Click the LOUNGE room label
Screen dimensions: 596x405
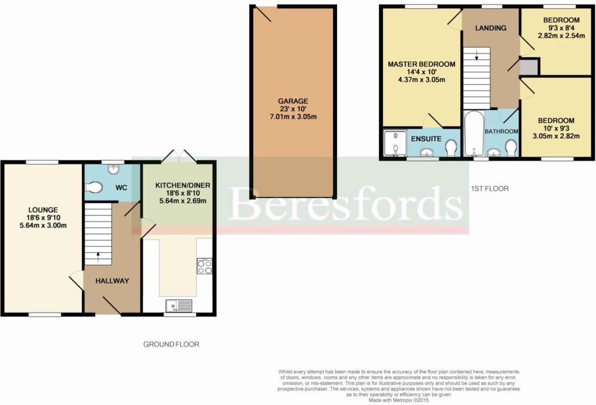(43, 210)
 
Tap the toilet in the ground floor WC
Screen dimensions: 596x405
(94, 187)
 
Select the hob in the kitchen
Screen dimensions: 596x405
(204, 266)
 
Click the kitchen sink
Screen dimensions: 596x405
(179, 306)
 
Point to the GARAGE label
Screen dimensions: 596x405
(293, 101)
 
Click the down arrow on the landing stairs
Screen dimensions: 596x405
(477, 55)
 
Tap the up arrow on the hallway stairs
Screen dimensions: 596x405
(98, 257)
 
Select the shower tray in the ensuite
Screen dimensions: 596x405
(395, 143)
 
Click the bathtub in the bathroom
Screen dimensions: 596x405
(474, 134)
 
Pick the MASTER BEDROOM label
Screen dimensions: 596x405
(421, 64)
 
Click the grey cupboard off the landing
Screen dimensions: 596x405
(528, 67)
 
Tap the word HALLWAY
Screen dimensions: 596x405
(112, 281)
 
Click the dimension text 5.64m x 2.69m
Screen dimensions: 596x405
(183, 200)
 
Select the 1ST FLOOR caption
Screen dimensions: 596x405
(489, 189)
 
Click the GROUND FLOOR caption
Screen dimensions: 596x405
(171, 344)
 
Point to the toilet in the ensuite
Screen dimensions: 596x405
(451, 148)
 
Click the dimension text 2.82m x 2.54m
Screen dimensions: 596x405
(561, 35)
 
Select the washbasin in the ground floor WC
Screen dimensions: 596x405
(113, 169)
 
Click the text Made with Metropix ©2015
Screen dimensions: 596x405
(398, 400)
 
